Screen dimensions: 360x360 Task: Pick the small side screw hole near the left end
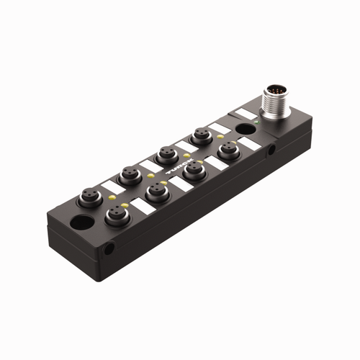(109, 249)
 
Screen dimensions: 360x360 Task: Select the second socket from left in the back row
(130, 174)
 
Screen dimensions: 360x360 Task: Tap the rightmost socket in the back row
(199, 135)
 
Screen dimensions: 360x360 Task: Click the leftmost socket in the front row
(116, 213)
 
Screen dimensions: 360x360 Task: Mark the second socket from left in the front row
(155, 190)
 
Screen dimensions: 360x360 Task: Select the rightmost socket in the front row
(228, 150)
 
